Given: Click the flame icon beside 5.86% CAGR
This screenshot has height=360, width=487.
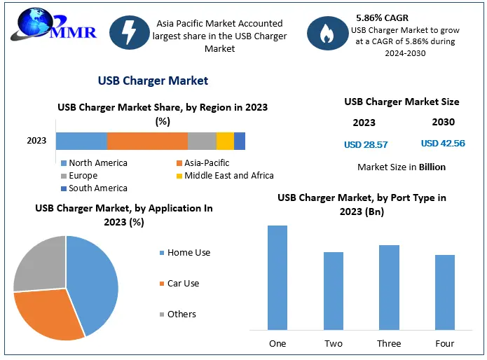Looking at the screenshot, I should coord(327,34).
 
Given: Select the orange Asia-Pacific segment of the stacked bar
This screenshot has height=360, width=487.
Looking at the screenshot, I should coord(147,141).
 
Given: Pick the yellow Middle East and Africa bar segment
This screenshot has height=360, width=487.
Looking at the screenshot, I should coord(225,141).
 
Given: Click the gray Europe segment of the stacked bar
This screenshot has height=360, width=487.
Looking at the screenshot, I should coord(202,141).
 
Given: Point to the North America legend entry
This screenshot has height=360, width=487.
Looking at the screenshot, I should coord(93,162).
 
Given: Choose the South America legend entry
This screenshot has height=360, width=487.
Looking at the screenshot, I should coord(93,188).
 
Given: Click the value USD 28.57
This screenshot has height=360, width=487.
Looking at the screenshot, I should coord(366,144).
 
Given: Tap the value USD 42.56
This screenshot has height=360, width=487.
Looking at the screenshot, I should coord(443,144).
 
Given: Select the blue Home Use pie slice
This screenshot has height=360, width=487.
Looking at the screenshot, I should coord(95,280).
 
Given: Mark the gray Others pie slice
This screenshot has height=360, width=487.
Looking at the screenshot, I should coord(39,263).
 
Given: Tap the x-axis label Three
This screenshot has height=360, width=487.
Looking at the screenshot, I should coord(389,343).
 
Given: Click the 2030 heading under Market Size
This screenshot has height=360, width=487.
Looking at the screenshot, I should coord(443,122).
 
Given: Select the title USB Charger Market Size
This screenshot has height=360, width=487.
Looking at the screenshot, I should coord(402,102).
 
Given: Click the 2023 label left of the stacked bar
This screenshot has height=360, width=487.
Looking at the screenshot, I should coord(36,141).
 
